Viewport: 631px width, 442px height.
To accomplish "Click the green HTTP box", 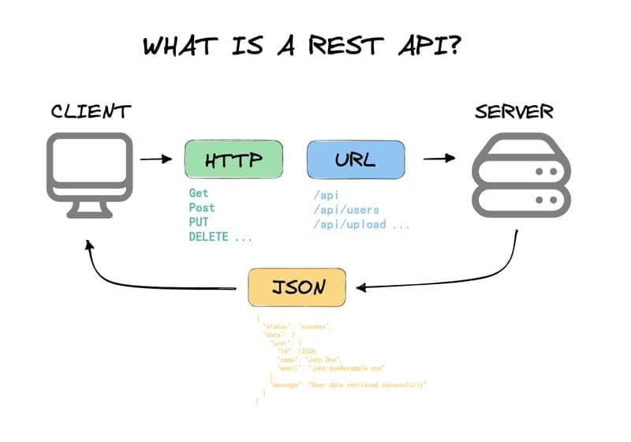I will [233, 159].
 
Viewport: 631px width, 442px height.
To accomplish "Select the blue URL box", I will [355, 159].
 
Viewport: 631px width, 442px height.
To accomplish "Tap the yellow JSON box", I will [297, 287].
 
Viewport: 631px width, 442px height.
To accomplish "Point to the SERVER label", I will [513, 111].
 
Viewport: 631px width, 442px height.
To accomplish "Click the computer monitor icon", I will [89, 174].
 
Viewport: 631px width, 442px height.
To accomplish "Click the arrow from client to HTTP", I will [155, 159].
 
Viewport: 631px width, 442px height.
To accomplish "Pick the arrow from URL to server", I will [439, 158].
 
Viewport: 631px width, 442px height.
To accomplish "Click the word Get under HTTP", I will [198, 193].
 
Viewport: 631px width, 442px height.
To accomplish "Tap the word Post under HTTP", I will [202, 208].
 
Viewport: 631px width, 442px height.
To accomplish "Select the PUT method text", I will [198, 223].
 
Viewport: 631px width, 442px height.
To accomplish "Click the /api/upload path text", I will [352, 224].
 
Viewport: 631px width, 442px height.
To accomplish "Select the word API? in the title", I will [425, 45].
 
